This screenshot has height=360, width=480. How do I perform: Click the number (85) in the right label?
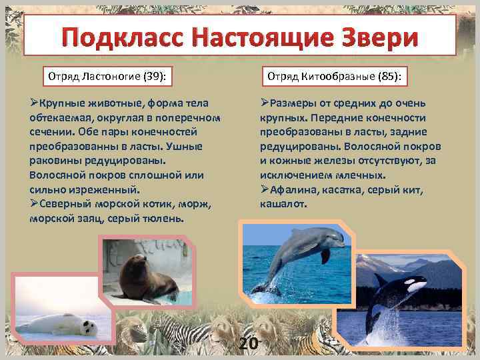point(388,76)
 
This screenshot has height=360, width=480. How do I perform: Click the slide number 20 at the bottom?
point(248,343)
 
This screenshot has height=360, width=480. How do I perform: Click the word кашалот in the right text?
point(284,204)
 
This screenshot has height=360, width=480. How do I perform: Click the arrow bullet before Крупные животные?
point(34,103)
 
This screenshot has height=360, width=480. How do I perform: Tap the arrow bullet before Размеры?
point(265,103)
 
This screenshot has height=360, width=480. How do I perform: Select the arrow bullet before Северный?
point(34,204)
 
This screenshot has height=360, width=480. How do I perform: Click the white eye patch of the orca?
point(417,285)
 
